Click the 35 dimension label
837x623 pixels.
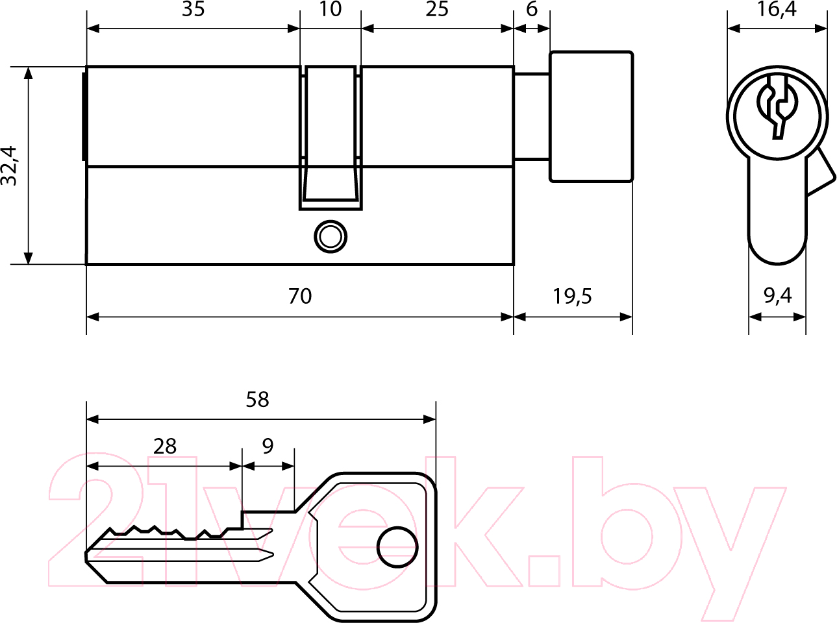tap(194, 10)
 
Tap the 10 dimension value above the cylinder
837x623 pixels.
tap(331, 10)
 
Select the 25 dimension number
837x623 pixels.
tap(437, 10)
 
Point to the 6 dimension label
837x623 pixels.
tap(532, 10)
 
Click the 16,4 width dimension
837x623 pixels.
tap(777, 10)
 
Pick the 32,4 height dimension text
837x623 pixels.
tap(9, 166)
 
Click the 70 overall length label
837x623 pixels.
tap(300, 296)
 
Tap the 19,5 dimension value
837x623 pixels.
tap(573, 297)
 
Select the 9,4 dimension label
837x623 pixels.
tap(777, 297)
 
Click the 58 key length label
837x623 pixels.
tap(257, 400)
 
